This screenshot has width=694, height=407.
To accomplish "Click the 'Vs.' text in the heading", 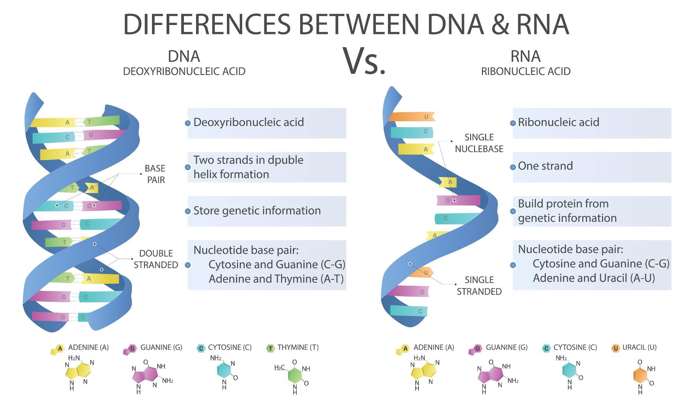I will (364, 61).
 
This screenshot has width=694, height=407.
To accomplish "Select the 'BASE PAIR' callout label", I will (155, 174).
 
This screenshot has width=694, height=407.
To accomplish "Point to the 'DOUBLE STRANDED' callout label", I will (156, 259).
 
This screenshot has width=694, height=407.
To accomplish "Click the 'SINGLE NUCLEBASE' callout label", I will (479, 143).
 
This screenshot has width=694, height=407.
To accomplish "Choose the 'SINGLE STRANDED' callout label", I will (479, 285).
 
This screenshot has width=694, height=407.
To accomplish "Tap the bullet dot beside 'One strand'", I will (513, 167).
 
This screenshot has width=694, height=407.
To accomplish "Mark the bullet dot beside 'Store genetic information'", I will (188, 211).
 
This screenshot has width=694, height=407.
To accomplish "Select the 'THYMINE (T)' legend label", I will (298, 347).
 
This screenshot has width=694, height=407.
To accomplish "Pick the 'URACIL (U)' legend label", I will (639, 347).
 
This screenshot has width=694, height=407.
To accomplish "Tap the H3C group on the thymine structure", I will (280, 367).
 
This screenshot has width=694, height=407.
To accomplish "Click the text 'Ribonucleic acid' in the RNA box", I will (558, 122).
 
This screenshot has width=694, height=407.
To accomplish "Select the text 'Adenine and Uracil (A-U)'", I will (594, 278).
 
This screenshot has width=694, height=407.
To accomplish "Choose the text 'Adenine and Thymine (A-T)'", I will (276, 279).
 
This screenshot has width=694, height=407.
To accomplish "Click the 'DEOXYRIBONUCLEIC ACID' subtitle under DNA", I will (184, 72).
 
